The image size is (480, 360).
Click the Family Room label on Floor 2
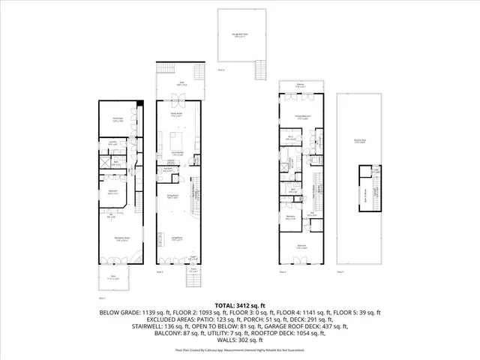pyautogui.click(x=176, y=115)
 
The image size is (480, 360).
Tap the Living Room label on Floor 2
pyautogui.click(x=177, y=238)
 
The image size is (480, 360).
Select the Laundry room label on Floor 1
pyautogui.click(x=111, y=143)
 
